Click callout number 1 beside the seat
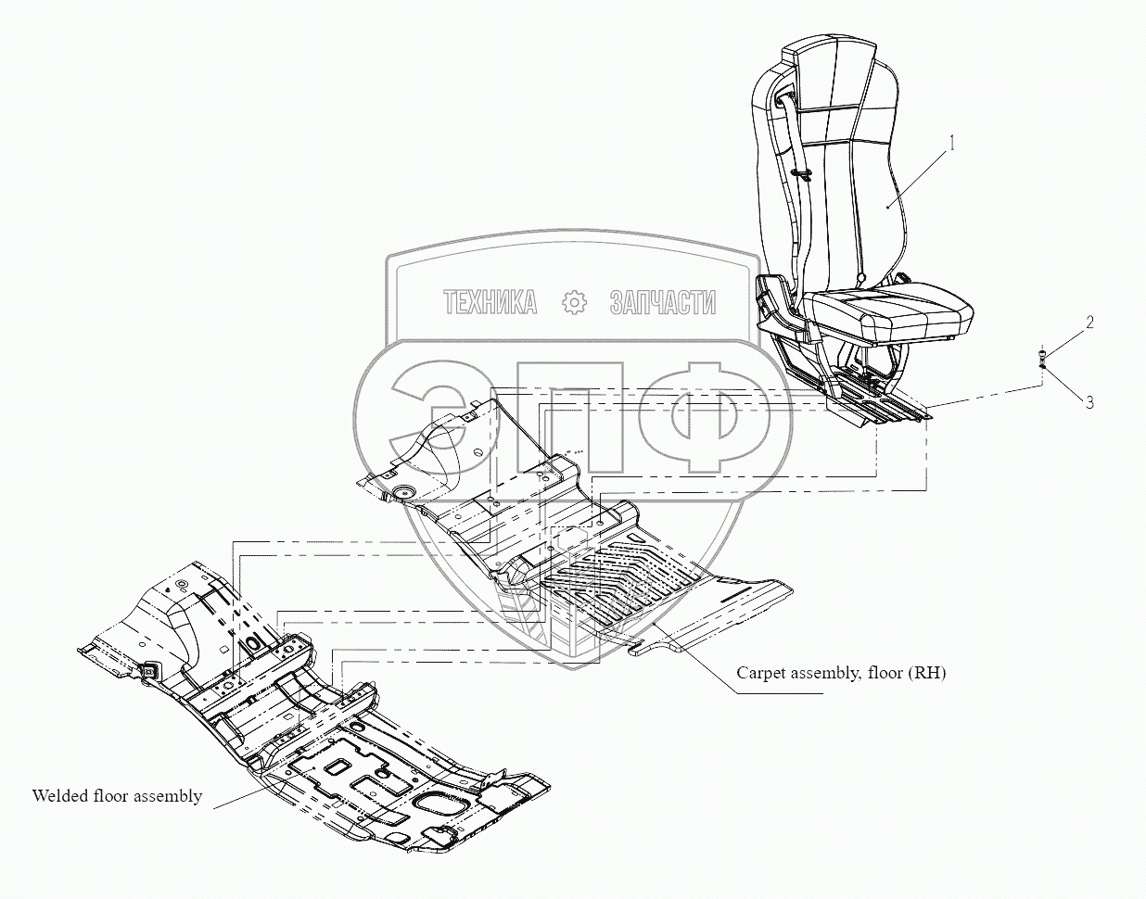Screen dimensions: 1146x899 950,144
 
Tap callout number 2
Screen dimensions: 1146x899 1090,323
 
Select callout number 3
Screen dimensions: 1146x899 1090,402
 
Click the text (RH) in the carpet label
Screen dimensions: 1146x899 926,673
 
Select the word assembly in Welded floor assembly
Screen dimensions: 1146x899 168,795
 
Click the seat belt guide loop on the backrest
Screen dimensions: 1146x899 800,171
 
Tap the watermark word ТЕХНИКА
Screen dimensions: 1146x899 490,302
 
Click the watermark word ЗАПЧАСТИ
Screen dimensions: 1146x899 662,302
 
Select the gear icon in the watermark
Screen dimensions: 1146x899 575,302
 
